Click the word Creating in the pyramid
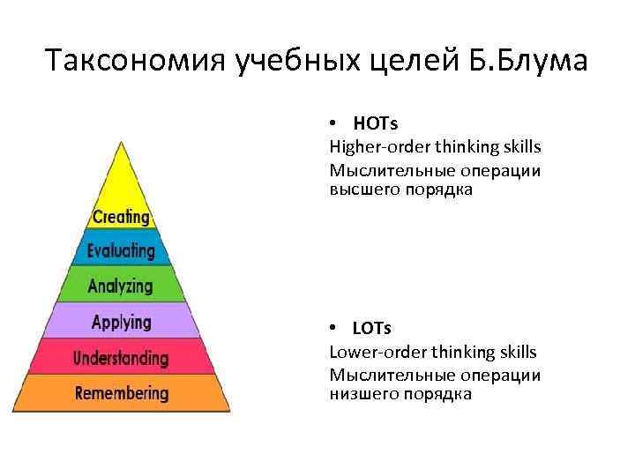121,217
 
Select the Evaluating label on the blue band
121,251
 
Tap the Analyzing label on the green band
121,286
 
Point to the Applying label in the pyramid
122,322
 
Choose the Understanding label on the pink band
121,358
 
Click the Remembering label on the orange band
122,392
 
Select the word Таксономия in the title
136,63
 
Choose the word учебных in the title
298,63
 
